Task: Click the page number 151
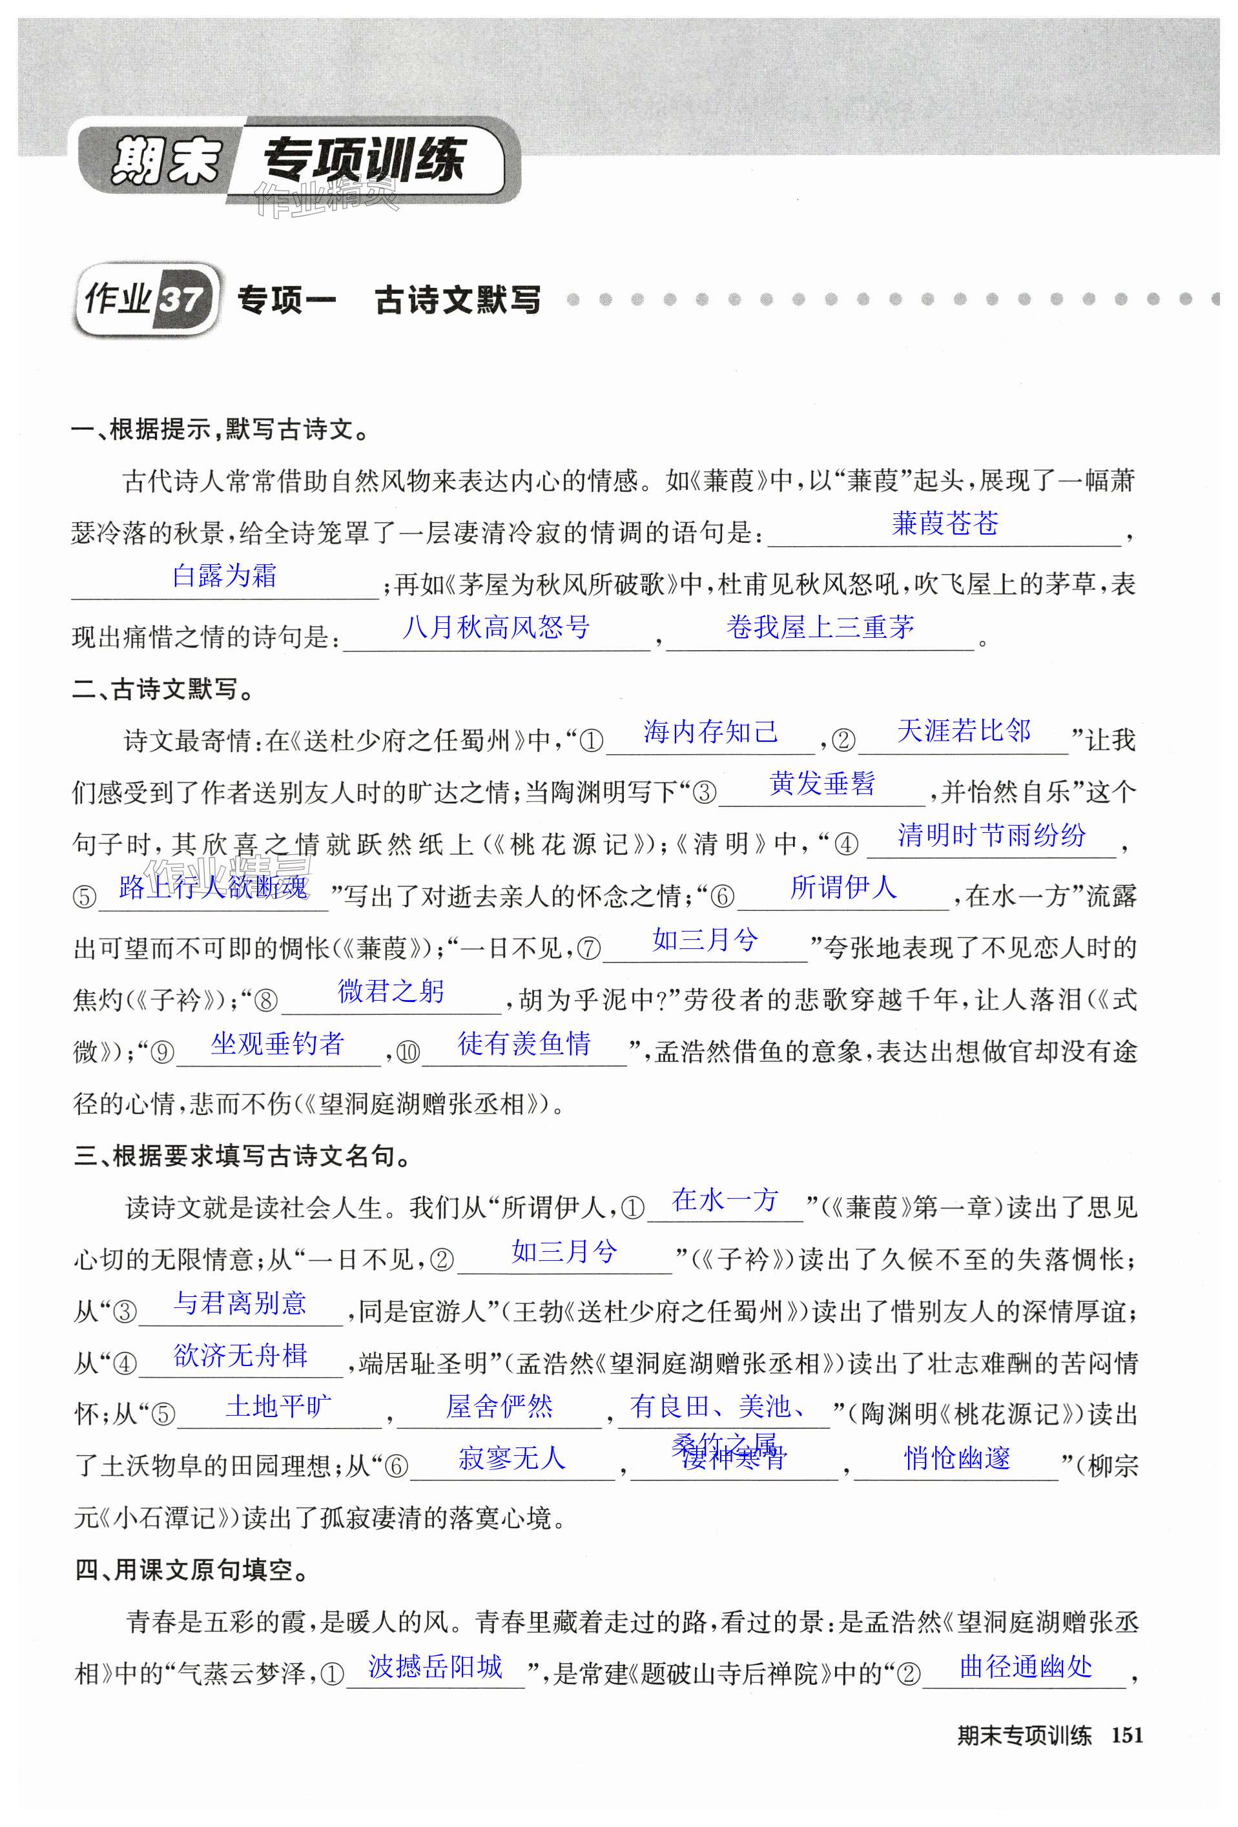(x=1126, y=1735)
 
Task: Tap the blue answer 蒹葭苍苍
(x=945, y=524)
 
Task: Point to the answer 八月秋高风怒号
(x=495, y=628)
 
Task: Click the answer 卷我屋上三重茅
(x=820, y=628)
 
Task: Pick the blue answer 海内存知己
(x=710, y=732)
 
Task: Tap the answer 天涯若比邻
(x=964, y=731)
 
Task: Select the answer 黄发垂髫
(x=821, y=783)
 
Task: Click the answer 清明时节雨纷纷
(x=991, y=835)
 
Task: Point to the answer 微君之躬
(x=391, y=992)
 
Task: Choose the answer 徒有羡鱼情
(x=524, y=1043)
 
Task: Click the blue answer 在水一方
(x=725, y=1199)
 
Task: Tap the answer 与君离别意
(x=240, y=1303)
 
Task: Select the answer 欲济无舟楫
(x=240, y=1355)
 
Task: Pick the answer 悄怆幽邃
(x=956, y=1459)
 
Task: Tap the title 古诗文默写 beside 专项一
(x=457, y=300)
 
